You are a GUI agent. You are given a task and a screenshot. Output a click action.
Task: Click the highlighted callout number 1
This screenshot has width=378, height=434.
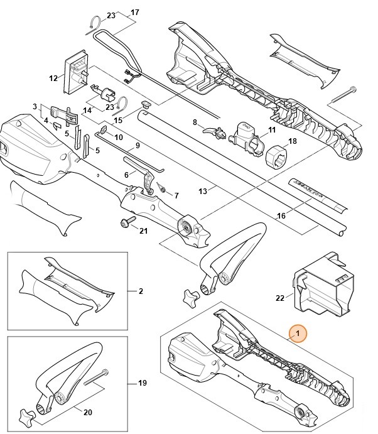pos(298,332)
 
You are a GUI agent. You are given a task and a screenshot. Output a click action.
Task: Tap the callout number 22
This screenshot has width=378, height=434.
pos(280,298)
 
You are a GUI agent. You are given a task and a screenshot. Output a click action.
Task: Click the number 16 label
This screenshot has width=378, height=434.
pos(281,215)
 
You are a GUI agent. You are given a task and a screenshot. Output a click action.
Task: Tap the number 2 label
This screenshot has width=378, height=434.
pos(141,291)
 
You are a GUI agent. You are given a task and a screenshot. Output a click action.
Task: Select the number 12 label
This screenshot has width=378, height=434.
pos(53,79)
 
